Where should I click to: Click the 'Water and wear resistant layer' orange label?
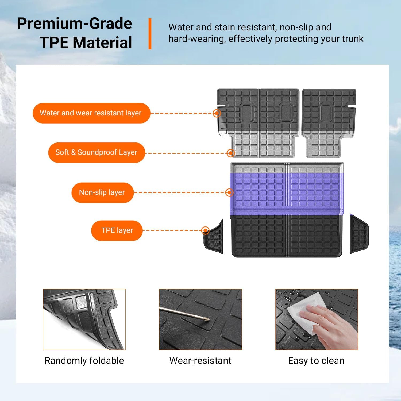pos(91,113)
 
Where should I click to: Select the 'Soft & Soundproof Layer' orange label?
pos(96,153)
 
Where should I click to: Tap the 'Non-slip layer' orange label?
pos(102,192)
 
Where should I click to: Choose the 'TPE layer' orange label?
pos(117,230)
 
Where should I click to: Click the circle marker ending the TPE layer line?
pos(205,230)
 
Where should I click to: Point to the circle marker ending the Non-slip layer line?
pos(229,192)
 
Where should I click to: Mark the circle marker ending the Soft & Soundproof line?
pos(230,153)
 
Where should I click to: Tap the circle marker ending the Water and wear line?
pos(217,113)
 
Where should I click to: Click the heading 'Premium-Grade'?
pos(75,24)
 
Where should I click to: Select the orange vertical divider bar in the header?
pos(150,34)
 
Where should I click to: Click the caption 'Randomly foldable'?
pos(84,361)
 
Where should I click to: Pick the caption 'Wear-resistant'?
pos(200,361)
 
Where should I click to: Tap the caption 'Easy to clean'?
pos(316,361)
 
